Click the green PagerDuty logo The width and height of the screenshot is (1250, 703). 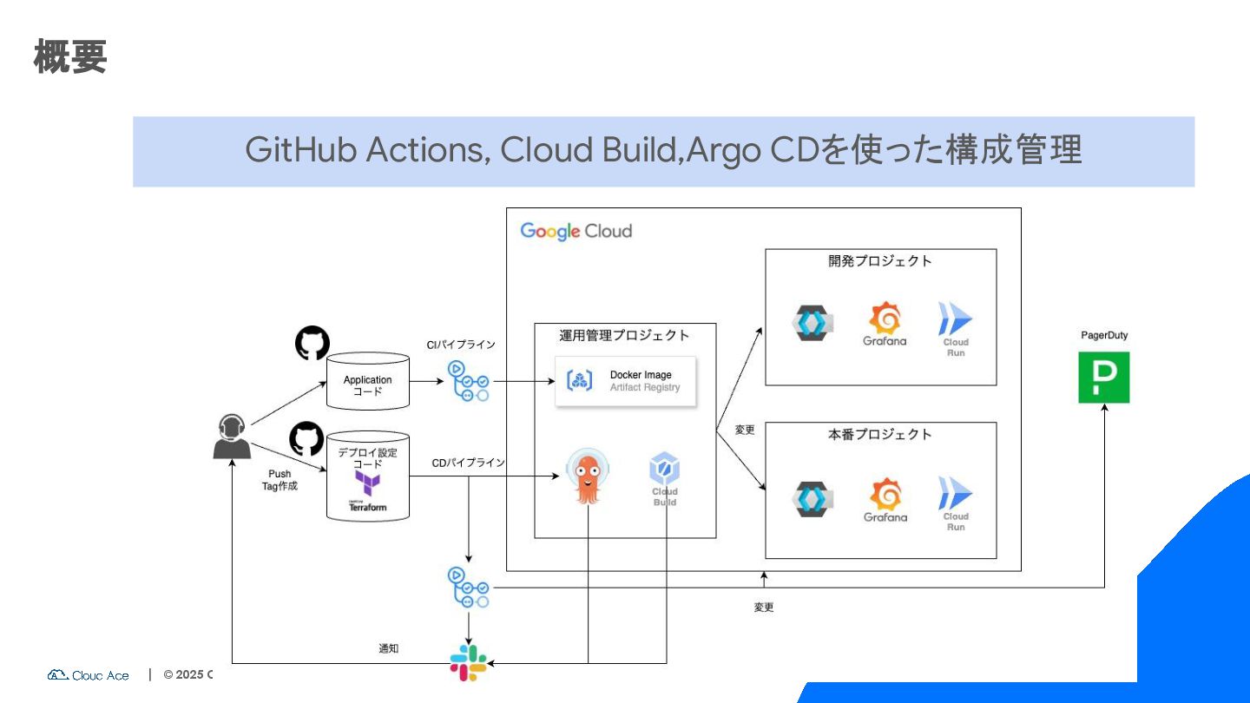pos(1103,378)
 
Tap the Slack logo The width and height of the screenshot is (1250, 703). pos(469,662)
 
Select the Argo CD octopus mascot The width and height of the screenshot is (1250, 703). pos(588,477)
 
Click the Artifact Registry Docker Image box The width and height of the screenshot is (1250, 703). pos(626,380)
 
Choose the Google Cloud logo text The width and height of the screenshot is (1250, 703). pos(576,231)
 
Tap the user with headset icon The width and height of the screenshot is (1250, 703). pos(232,437)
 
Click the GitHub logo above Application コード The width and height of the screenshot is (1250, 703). pos(312,344)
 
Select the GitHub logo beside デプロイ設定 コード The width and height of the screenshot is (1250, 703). pos(306,439)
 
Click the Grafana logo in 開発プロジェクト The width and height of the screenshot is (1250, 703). pos(885,324)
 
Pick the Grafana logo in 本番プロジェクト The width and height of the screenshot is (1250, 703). pos(885,500)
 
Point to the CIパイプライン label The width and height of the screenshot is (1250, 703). pos(461,345)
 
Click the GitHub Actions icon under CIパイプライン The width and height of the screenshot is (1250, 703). pos(468,381)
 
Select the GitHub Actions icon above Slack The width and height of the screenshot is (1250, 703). pos(468,588)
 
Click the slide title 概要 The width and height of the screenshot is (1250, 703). pos(70,57)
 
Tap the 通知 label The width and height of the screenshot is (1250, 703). pos(389,648)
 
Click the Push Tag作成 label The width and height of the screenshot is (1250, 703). pos(280,480)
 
